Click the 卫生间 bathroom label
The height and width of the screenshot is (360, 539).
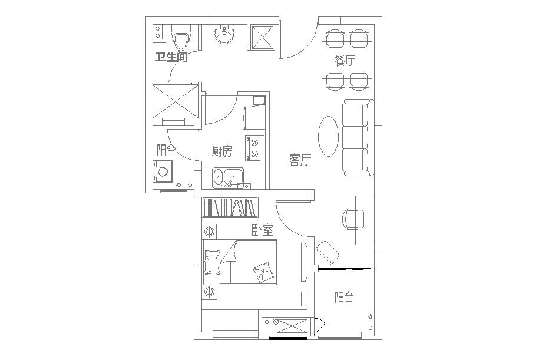171,57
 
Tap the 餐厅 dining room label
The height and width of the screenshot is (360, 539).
345,61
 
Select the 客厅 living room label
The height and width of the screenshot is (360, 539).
300,160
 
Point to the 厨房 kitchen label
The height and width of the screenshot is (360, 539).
222,151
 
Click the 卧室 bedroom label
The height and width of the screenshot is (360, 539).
263,230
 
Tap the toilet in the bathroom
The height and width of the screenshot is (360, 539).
181,37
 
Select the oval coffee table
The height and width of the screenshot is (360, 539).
329,136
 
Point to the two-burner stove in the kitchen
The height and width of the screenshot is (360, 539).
254,148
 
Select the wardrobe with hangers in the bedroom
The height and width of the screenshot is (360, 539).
230,207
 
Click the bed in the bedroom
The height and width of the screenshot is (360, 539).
240,263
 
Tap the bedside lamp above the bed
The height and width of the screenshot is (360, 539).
209,232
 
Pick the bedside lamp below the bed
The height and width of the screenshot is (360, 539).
209,292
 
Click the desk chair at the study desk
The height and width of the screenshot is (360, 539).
353,219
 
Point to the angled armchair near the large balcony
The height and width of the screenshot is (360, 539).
327,252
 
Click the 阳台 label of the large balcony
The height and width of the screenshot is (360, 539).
344,297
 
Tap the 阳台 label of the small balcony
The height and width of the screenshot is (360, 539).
166,150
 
